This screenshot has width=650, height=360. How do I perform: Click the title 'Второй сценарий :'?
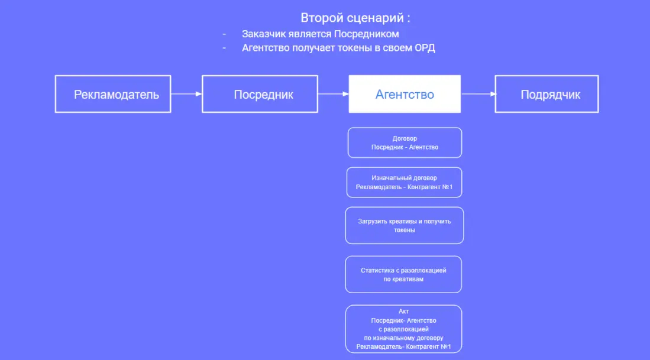pyautogui.click(x=355, y=17)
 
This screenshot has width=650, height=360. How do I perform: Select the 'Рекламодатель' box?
pyautogui.click(x=113, y=94)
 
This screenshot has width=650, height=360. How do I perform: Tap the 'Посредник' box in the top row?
pyautogui.click(x=260, y=94)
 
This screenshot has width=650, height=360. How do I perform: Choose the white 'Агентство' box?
pyautogui.click(x=405, y=94)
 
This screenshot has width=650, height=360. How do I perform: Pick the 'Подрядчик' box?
pyautogui.click(x=546, y=94)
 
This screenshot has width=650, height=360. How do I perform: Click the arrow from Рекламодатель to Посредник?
pyautogui.click(x=186, y=93)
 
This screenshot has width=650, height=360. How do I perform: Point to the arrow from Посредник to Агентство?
pyautogui.click(x=333, y=93)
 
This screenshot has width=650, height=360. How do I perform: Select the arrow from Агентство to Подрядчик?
pyautogui.click(x=478, y=93)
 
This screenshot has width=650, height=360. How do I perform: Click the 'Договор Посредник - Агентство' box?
pyautogui.click(x=405, y=142)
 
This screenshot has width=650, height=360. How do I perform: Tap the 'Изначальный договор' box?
pyautogui.click(x=405, y=182)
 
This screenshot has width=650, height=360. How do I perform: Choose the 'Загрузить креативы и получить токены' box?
pyautogui.click(x=405, y=225)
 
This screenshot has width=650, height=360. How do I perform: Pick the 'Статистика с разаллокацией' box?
pyautogui.click(x=403, y=274)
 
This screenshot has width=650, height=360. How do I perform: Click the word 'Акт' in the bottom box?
pyautogui.click(x=404, y=312)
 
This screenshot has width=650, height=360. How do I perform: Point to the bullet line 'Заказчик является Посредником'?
pyautogui.click(x=320, y=34)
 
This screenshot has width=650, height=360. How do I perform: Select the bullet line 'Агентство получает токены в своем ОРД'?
pyautogui.click(x=338, y=48)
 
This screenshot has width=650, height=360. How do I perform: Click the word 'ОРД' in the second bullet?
pyautogui.click(x=425, y=48)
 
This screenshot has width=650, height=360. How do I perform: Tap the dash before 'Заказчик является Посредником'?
pyautogui.click(x=224, y=34)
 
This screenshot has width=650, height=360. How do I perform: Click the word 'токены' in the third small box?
pyautogui.click(x=405, y=230)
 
